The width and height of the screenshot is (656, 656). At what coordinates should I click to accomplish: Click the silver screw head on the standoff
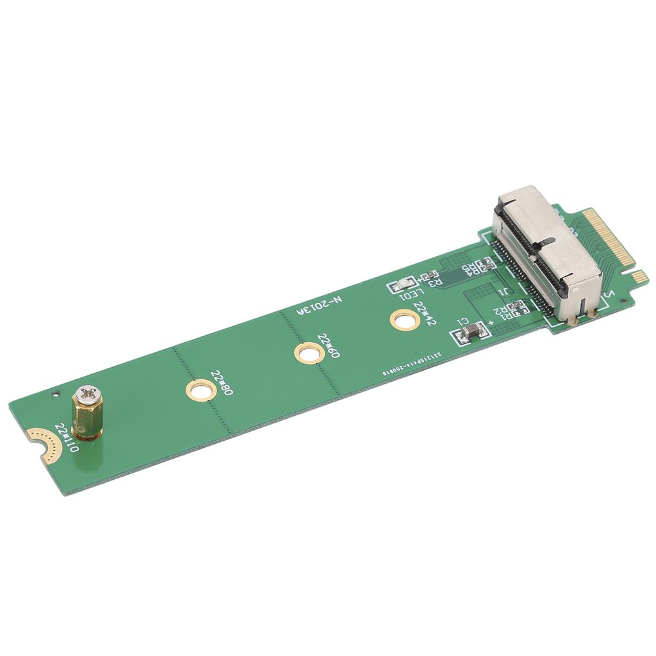coord(87,397)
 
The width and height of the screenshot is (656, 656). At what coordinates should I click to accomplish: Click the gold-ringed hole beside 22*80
coord(199,389)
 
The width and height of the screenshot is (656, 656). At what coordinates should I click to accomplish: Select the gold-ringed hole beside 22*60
coord(307,353)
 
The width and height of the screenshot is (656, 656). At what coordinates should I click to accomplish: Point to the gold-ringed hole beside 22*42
coord(406,318)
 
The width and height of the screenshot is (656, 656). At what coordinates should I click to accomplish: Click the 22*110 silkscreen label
coord(67,438)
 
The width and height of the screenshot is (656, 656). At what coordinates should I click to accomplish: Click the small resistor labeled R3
coord(425,277)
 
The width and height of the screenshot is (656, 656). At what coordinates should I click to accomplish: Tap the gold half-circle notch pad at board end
coord(40,443)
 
